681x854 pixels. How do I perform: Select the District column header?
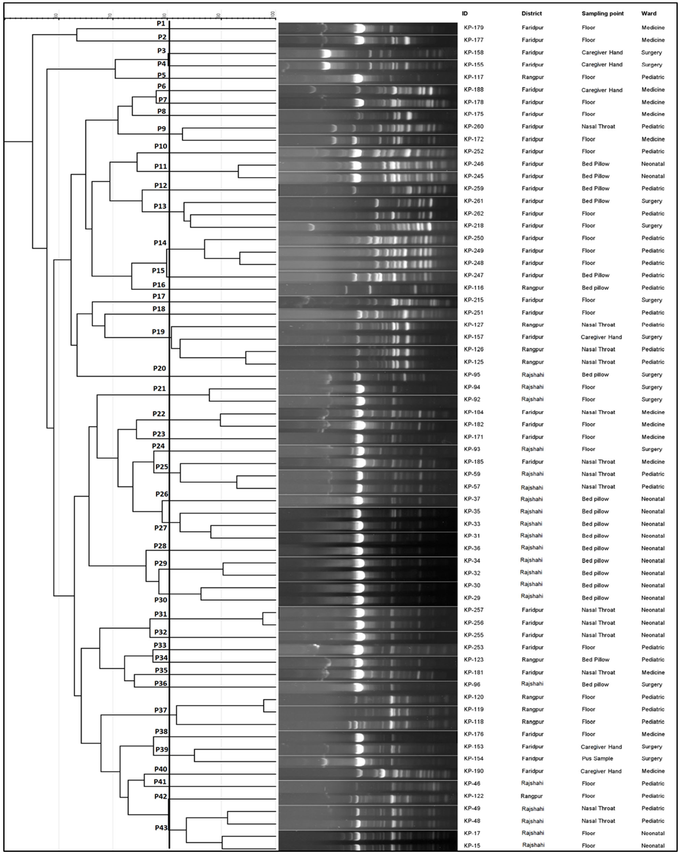coord(531,13)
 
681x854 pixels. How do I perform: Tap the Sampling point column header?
coord(602,13)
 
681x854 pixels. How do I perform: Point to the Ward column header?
coord(648,13)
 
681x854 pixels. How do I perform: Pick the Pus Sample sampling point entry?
coord(597,758)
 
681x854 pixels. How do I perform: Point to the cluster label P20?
coord(159,368)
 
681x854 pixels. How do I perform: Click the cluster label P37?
coord(161,710)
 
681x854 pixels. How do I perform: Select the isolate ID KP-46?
coord(472,783)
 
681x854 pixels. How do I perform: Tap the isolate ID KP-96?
coord(472,685)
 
